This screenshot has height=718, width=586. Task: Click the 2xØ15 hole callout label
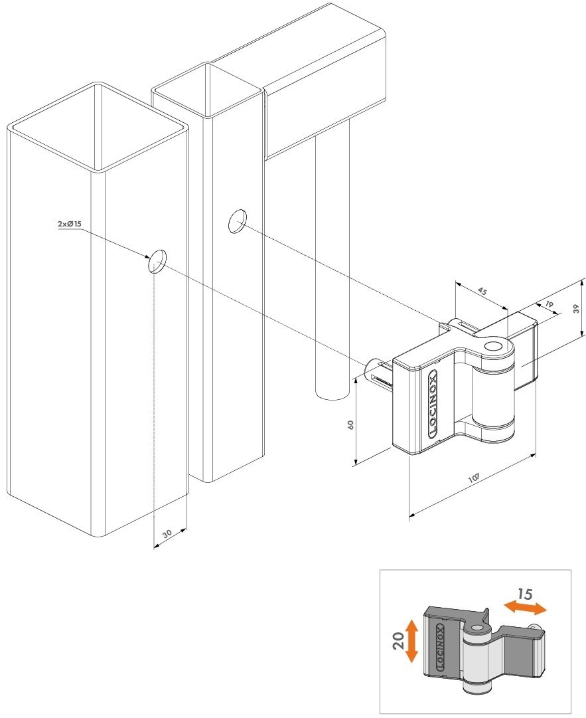pos(69,224)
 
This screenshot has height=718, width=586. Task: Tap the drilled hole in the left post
pos(157,262)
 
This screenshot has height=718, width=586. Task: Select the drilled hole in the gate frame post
pos(237,221)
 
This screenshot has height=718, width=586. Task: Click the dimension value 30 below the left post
pos(167,533)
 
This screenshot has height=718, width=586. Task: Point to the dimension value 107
pos(473,478)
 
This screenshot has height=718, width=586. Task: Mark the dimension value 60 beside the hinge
pos(351,424)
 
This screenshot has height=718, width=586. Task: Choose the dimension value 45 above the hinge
pos(482,290)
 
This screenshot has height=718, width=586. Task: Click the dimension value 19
pos(549,304)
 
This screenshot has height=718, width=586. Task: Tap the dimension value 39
pos(577,309)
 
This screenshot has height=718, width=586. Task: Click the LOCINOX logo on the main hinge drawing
pos(432,403)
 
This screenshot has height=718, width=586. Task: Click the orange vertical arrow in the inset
pos(412,640)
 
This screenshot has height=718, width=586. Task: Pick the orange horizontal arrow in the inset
pos(525,608)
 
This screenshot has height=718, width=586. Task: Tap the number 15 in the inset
pos(525,594)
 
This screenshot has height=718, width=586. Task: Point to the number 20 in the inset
pos(398,640)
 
